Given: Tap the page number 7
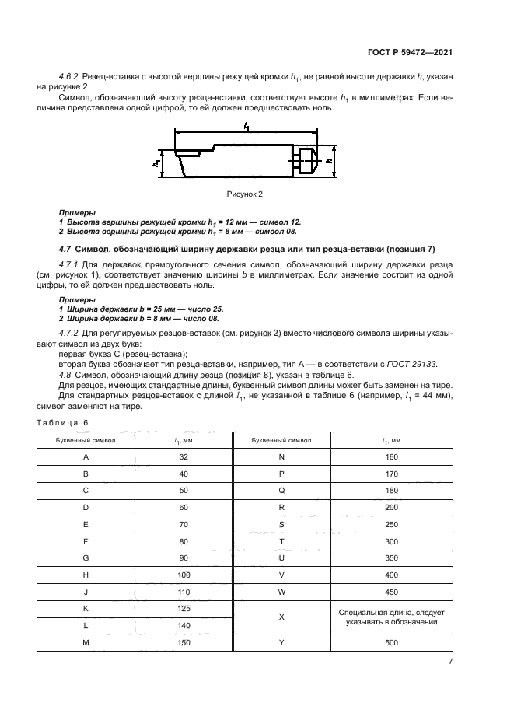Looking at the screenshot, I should pos(450,661).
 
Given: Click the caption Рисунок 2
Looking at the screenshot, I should pos(247,192).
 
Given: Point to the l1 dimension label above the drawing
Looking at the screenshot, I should pos(247,126).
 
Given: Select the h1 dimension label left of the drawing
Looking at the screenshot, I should pos(157,163).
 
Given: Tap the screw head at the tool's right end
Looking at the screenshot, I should pos(307,161).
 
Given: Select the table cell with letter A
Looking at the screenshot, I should pos(86,458).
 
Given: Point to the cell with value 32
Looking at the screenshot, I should pos(184,458).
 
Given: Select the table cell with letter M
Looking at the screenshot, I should pos(86,642).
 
